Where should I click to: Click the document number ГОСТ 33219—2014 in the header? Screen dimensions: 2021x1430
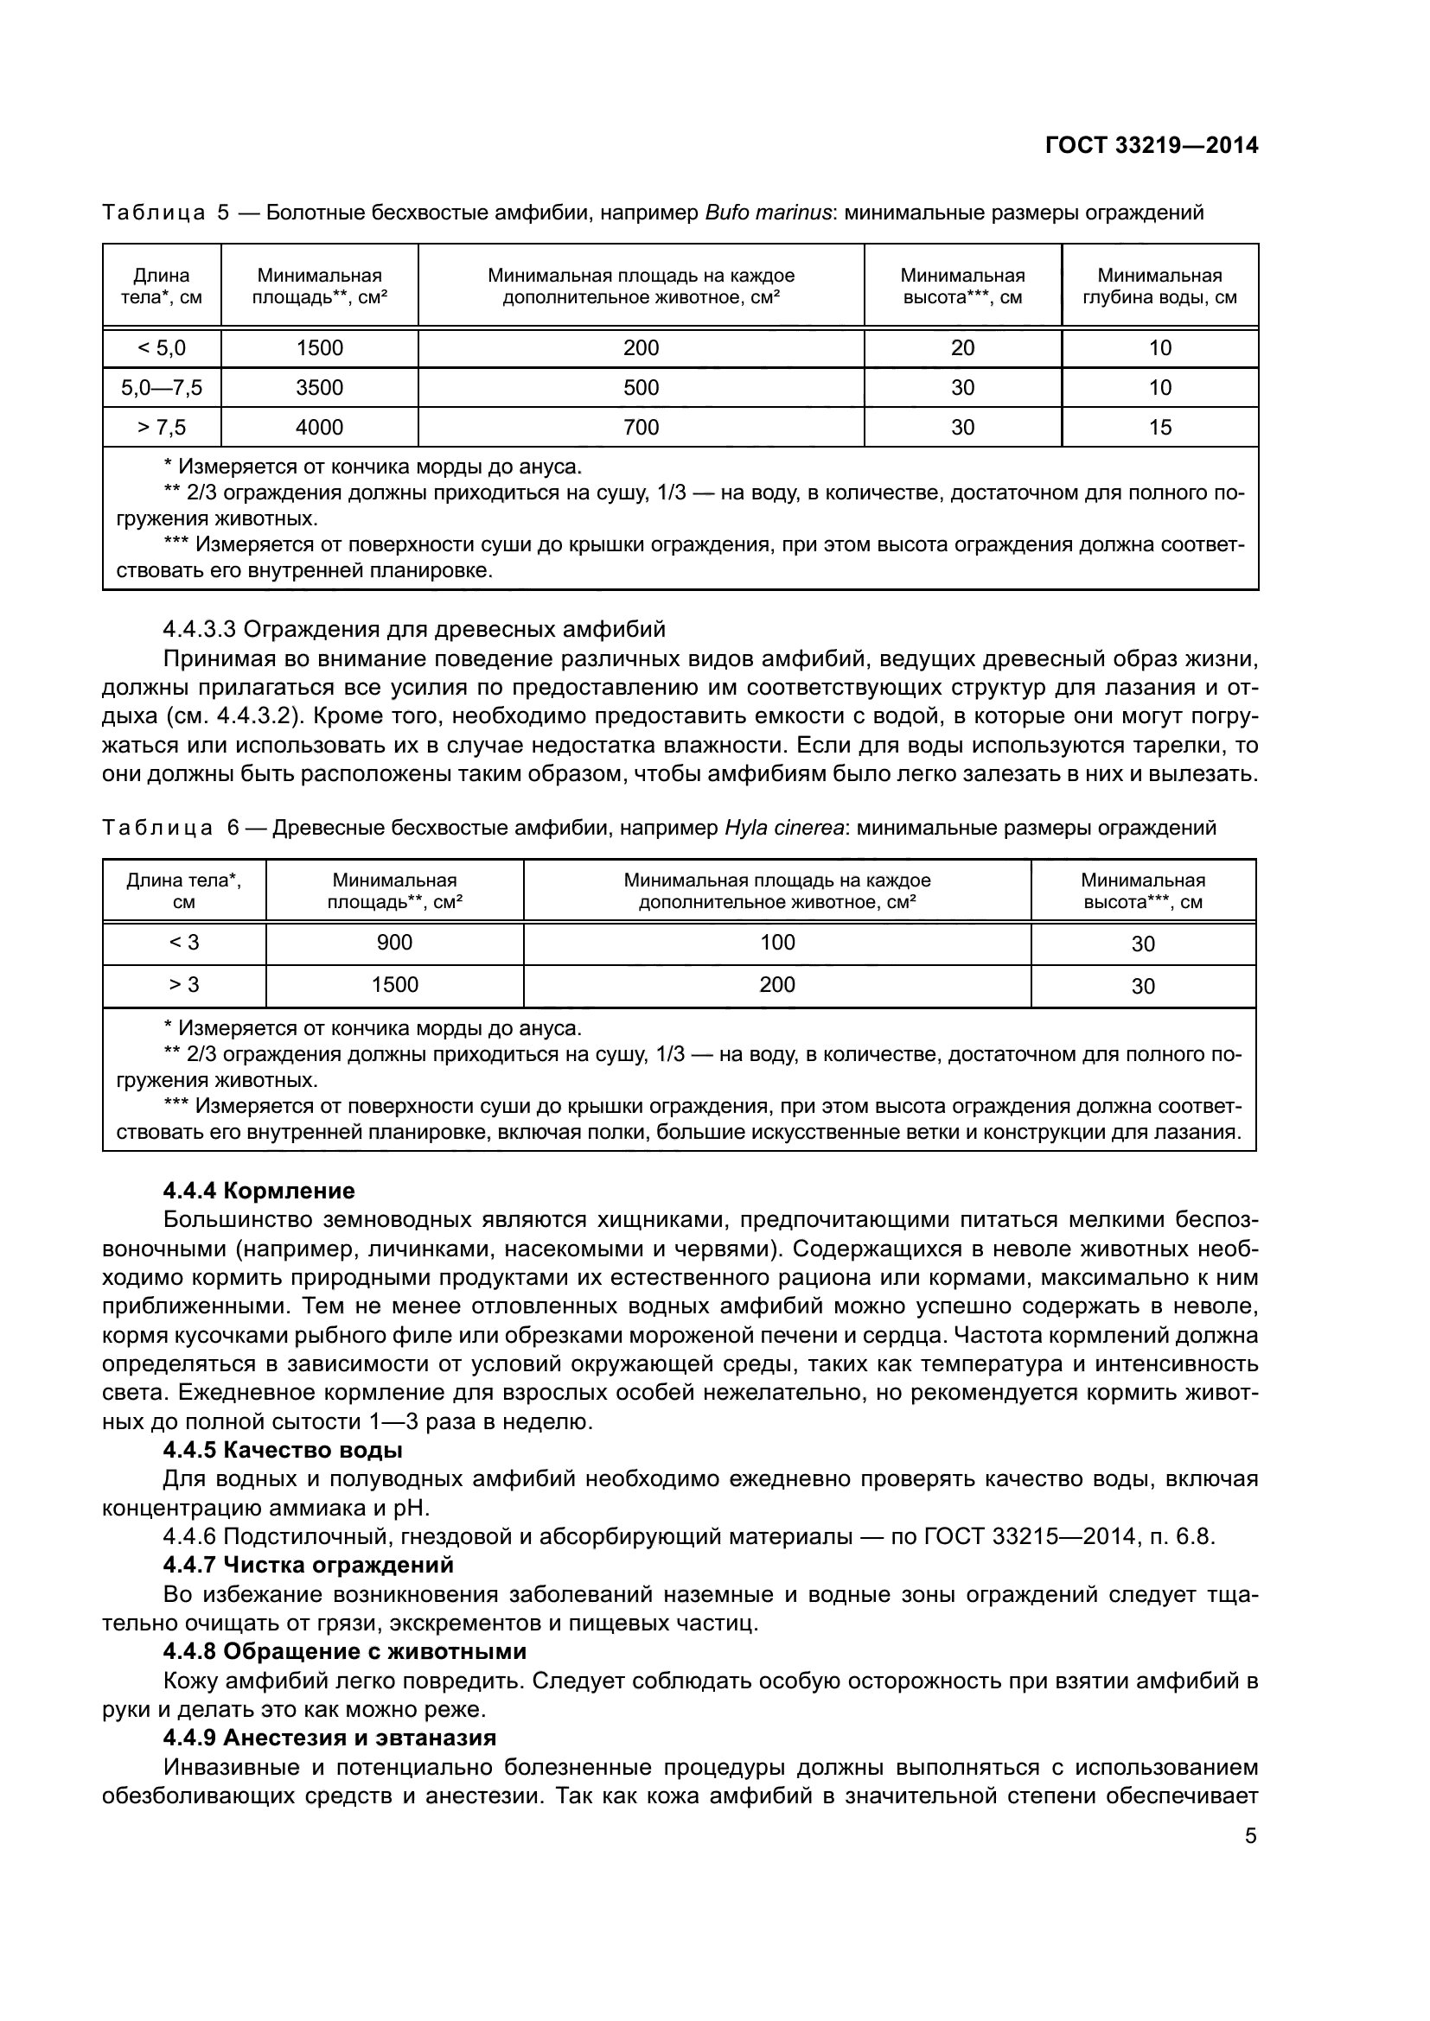tap(1152, 145)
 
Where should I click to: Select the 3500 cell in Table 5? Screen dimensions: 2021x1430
tap(320, 387)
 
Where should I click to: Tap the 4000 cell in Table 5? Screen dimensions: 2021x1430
tap(320, 427)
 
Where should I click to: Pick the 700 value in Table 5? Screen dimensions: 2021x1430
tap(641, 427)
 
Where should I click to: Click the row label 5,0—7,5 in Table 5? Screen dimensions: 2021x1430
tap(162, 387)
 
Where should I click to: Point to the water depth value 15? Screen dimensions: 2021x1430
tap(1159, 427)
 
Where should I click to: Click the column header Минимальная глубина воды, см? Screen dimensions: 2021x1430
tap(1159, 286)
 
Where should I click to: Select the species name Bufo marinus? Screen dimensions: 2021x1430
tap(768, 213)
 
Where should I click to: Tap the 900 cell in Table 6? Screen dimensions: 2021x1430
tap(394, 943)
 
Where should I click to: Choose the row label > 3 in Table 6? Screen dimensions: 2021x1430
tap(184, 985)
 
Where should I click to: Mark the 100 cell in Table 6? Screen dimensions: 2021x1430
tap(777, 943)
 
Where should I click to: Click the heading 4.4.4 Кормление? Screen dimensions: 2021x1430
tap(259, 1191)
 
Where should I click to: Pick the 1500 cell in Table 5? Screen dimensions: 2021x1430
tap(320, 347)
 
